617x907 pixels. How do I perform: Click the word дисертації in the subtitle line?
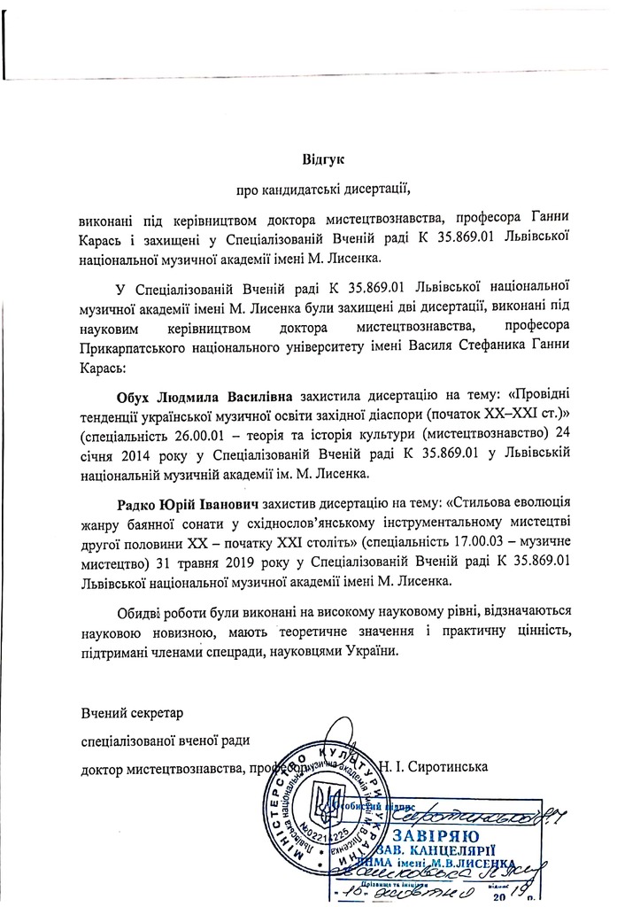pyautogui.click(x=374, y=188)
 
